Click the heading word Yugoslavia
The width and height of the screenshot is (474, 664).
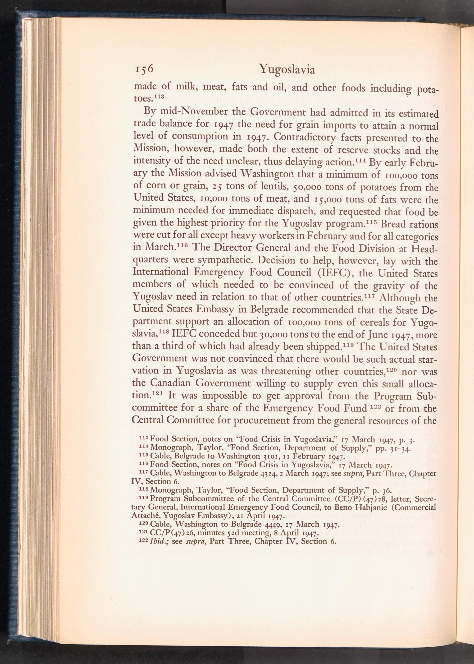[x=287, y=69]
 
